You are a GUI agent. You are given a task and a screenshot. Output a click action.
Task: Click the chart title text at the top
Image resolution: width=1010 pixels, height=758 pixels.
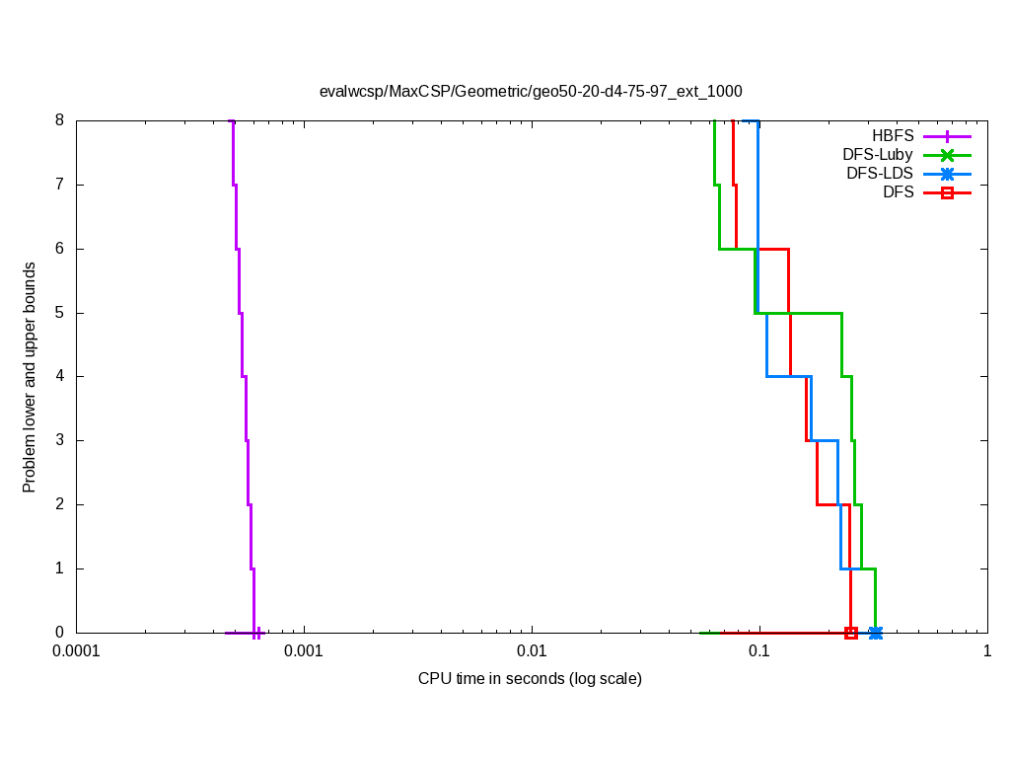[x=531, y=91]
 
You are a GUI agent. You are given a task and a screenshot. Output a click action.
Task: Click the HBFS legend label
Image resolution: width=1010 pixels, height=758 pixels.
[x=893, y=135]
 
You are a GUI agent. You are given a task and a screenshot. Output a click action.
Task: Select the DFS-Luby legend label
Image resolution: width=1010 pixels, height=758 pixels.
[x=878, y=154]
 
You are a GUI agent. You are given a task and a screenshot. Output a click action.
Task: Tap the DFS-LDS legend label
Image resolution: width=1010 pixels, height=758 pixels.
[x=880, y=173]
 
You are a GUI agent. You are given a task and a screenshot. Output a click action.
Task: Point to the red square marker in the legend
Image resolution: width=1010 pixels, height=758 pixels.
[x=947, y=192]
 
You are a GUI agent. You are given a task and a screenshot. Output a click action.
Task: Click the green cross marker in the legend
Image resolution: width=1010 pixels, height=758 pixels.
[x=947, y=155]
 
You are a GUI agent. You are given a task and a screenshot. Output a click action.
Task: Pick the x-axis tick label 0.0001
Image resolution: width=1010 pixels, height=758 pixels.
[x=76, y=652]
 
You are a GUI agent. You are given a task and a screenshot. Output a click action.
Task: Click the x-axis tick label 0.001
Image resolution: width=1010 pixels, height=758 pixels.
[x=304, y=652]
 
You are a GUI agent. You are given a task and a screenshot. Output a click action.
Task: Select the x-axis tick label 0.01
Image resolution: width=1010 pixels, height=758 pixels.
[x=532, y=652]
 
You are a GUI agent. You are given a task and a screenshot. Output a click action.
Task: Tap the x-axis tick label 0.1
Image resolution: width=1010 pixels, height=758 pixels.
[x=759, y=652]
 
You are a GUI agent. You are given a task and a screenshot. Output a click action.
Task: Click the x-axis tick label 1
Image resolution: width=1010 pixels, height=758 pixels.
[x=986, y=652]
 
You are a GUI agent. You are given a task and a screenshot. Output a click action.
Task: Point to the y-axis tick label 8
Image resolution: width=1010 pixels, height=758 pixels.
[x=59, y=120]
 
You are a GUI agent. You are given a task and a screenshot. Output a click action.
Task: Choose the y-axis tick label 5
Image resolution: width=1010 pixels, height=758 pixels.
[x=59, y=313]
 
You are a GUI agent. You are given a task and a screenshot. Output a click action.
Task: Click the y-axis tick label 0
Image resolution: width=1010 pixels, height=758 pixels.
[x=59, y=633]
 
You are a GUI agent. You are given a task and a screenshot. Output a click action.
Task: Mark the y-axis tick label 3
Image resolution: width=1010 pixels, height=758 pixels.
[x=59, y=440]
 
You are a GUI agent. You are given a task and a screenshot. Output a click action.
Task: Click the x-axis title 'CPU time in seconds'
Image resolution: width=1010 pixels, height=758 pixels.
[x=530, y=678]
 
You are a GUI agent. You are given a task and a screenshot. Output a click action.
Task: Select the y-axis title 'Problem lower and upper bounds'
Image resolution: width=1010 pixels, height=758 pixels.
[x=30, y=377]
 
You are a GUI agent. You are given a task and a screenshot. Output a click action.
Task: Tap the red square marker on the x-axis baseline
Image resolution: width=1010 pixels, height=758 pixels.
[x=851, y=633]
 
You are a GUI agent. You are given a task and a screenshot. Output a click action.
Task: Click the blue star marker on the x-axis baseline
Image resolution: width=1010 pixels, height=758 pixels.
[x=875, y=633]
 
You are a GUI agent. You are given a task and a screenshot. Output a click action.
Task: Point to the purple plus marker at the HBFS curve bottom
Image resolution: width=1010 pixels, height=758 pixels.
[x=256, y=633]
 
